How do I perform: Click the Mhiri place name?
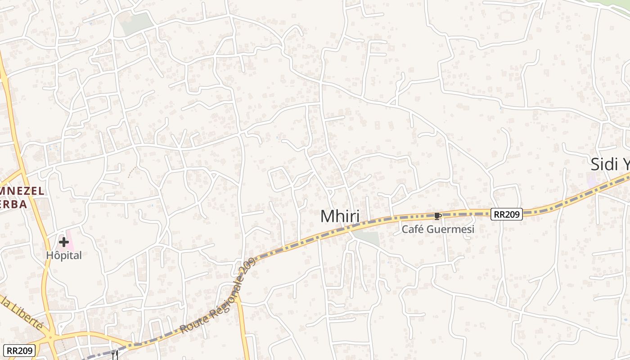[x=340, y=216]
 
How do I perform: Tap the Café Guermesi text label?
[x=438, y=229]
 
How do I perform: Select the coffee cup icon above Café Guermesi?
[x=437, y=216]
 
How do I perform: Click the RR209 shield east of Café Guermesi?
[x=506, y=214]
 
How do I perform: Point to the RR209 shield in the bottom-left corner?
[x=19, y=350]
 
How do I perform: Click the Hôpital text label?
[x=64, y=256]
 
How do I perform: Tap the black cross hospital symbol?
[x=64, y=243]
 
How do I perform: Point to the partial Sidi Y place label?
[x=610, y=164]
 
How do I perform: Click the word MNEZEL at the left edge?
[x=22, y=191]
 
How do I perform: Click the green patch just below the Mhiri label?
[x=367, y=238]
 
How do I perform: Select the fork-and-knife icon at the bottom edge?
[x=114, y=355]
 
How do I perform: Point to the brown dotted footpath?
[x=132, y=171]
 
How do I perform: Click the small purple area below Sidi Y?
[x=592, y=182]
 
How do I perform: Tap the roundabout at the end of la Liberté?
[x=51, y=336]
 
